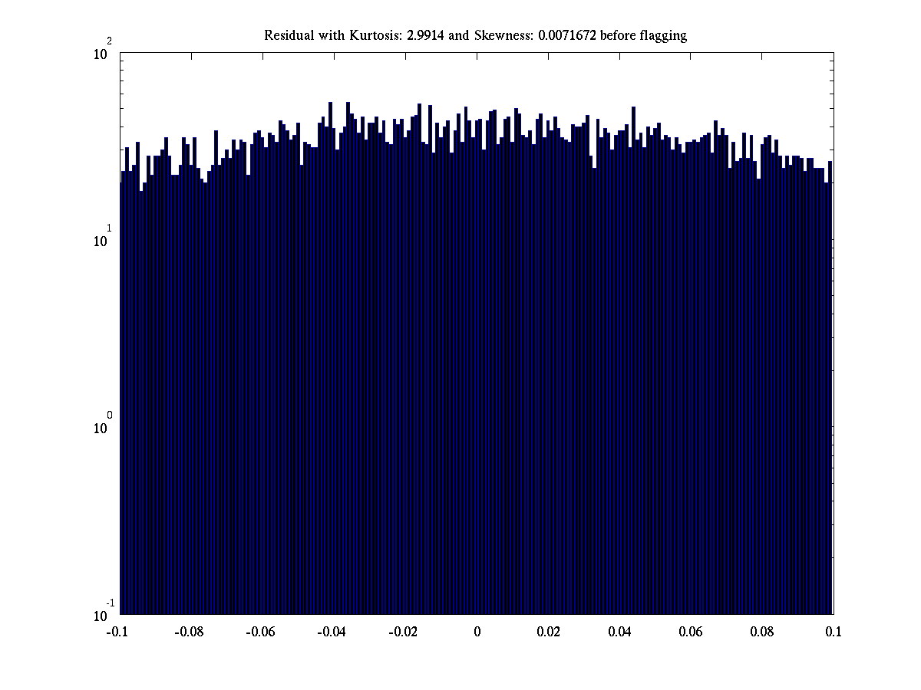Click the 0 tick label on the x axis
point(477,632)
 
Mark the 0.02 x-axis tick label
point(548,632)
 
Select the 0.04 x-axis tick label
point(619,632)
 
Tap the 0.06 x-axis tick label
point(691,632)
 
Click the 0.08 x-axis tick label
point(762,632)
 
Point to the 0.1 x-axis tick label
point(834,632)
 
